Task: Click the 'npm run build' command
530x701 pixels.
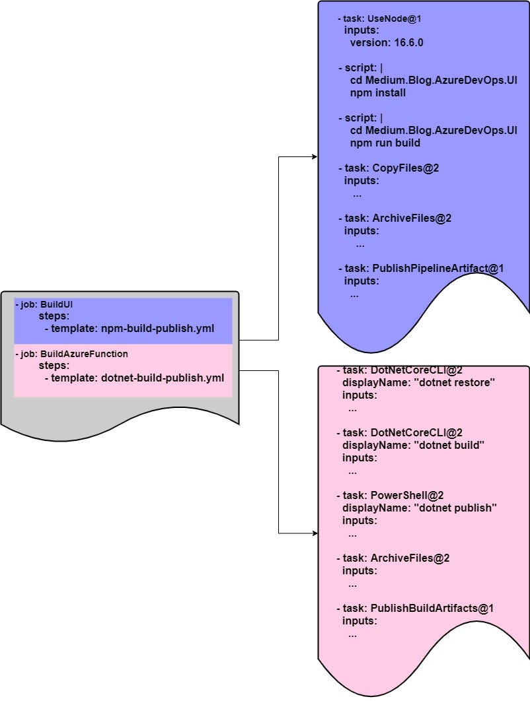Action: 385,143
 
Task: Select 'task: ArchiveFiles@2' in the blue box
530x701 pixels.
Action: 395,218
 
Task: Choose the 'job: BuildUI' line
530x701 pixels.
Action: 44,305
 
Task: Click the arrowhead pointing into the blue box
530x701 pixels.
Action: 314,157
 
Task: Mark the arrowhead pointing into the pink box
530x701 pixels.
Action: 314,533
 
